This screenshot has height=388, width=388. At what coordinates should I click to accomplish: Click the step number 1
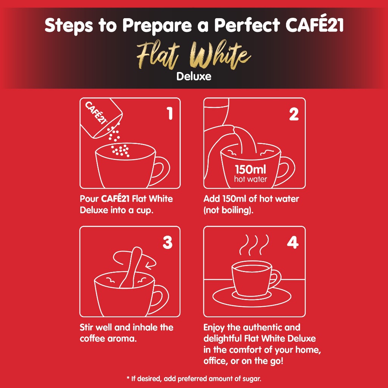click(170, 114)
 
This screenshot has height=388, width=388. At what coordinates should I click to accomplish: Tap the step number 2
click(294, 114)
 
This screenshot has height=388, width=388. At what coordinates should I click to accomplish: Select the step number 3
click(167, 242)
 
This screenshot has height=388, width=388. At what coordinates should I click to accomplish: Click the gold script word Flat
click(158, 55)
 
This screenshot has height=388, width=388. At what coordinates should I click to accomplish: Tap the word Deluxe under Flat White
click(194, 77)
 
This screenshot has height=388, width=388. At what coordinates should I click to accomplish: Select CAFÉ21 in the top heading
click(314, 25)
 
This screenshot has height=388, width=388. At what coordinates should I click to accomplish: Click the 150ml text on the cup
click(250, 169)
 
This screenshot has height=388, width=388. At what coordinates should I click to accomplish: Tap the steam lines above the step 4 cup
click(254, 245)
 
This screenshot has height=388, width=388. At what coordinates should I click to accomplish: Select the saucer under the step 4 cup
click(252, 297)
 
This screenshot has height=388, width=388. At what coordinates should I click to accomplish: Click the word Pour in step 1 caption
click(89, 199)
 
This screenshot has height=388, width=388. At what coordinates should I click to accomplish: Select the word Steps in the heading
click(69, 25)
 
